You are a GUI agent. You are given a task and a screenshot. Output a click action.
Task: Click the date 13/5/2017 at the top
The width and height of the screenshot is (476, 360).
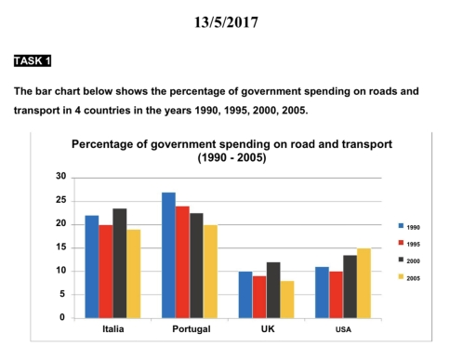tap(238, 20)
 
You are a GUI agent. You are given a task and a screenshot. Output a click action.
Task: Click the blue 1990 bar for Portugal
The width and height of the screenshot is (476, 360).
tap(168, 255)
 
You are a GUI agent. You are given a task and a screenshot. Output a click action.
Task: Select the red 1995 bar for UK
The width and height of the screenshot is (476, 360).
tap(259, 297)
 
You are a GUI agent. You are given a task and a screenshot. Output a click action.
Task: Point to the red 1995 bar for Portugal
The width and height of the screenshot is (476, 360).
tap(182, 262)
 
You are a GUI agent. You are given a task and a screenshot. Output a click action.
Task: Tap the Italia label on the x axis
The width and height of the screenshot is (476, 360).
tap(112, 330)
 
